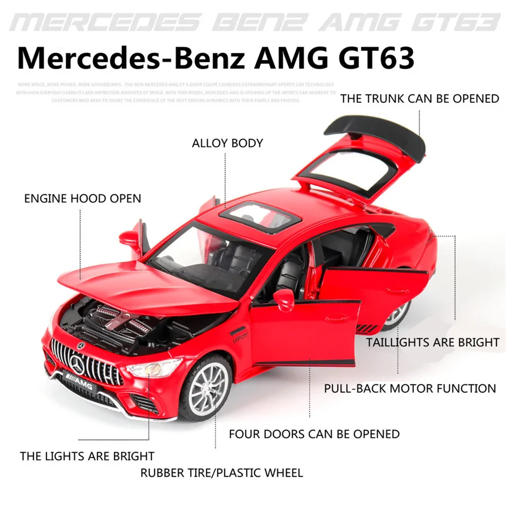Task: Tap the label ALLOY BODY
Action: [x=227, y=143]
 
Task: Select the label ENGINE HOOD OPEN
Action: [x=83, y=199]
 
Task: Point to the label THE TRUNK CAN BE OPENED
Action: [x=420, y=99]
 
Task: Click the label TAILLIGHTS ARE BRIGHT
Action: [x=432, y=342]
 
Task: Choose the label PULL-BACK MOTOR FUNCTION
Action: [x=410, y=388]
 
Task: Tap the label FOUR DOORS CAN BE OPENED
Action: [x=314, y=434]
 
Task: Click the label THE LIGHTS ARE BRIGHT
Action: [x=87, y=456]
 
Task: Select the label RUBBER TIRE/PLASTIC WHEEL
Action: [x=222, y=472]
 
